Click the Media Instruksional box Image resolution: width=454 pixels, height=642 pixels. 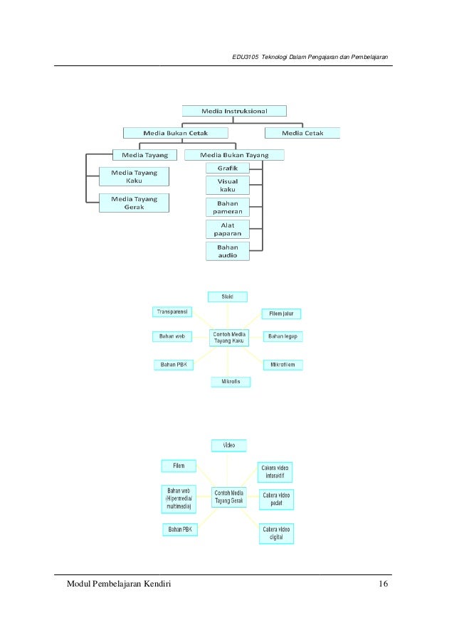234,111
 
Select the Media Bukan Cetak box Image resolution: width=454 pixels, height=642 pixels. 175,132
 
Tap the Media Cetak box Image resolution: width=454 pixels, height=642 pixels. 302,132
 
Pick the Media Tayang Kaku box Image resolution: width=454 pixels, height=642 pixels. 134,176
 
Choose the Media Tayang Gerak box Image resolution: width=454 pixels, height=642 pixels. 134,203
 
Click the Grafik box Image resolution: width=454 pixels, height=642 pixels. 228,168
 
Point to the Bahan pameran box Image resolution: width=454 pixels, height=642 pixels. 228,207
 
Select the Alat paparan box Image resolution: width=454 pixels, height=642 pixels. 228,229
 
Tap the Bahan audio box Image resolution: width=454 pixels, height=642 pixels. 228,251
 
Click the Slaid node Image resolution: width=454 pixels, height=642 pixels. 228,296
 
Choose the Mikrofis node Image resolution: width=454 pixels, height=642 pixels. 231,381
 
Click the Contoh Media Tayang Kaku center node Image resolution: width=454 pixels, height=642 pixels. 228,338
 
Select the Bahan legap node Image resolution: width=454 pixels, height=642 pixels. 283,336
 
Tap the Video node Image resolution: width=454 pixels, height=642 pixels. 228,445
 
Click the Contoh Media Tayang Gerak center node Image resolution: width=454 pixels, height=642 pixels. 228,496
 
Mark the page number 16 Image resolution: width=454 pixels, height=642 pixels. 384,584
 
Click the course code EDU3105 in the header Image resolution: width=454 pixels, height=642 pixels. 245,57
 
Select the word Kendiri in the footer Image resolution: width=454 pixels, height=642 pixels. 153,584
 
